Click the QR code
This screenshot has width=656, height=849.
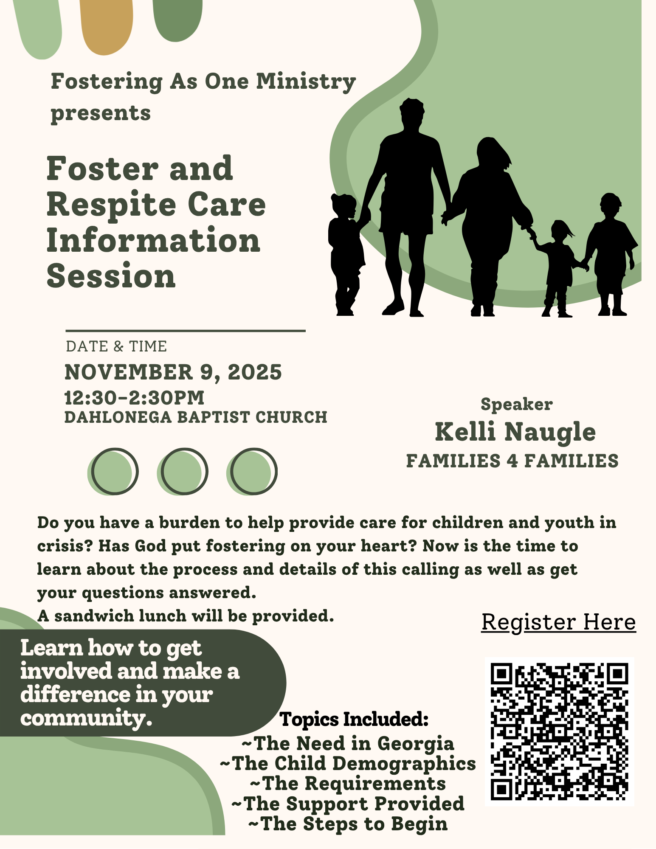tap(559, 731)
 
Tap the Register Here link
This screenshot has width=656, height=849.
tap(558, 622)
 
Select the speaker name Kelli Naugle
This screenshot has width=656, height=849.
tap(515, 432)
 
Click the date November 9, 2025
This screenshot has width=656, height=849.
tap(173, 372)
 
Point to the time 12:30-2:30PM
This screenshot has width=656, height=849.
tap(134, 398)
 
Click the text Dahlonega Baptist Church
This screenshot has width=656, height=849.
tap(196, 417)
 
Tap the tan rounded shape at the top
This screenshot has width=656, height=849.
tap(106, 25)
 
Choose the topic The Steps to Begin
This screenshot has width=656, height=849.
tap(348, 824)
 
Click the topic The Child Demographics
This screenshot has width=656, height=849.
tap(348, 763)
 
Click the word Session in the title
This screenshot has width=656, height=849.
tap(111, 276)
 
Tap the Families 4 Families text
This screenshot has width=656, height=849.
tap(512, 461)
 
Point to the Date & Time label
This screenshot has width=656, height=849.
tap(116, 346)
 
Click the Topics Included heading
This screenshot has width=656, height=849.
tap(354, 719)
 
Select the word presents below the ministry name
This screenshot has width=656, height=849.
tap(101, 113)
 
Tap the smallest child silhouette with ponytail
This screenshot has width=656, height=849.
tap(559, 267)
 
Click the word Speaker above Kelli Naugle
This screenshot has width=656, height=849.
tap(516, 404)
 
